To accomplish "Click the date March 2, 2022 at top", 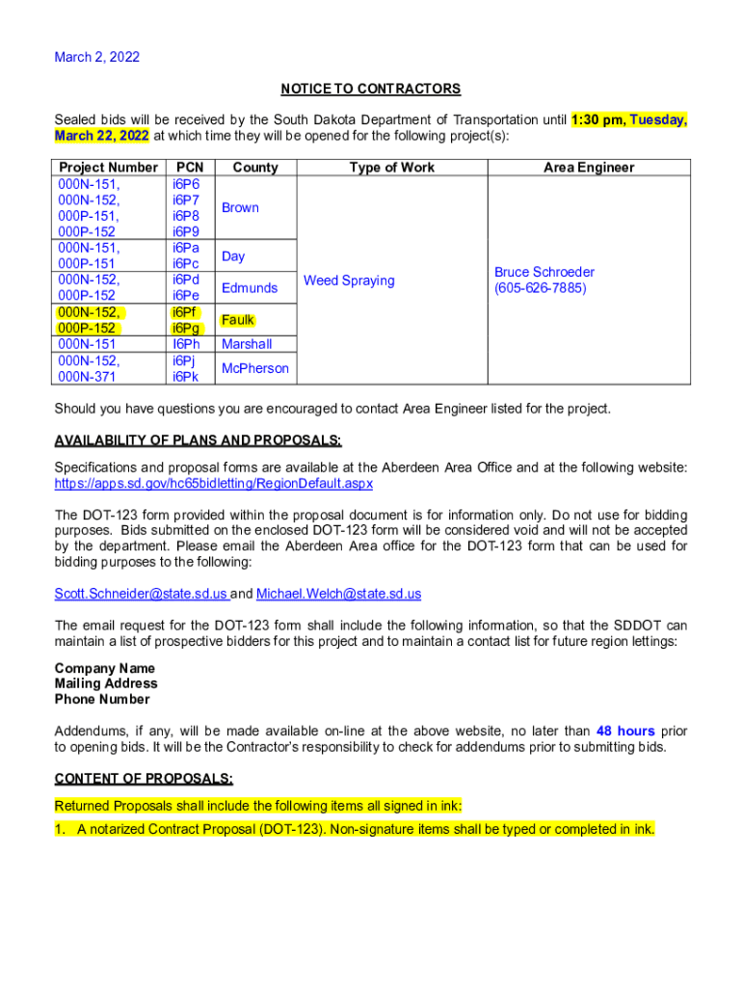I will coord(97,57).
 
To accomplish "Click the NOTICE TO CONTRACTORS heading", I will coord(371,89).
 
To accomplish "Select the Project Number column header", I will coord(108,168).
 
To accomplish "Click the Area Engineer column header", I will coord(589,168).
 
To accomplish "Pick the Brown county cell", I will coord(240,207).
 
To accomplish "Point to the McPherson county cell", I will coord(254,368).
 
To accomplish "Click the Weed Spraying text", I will coord(349,280).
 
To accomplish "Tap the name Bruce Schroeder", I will coord(544,272).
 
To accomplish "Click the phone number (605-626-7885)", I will coord(540,288).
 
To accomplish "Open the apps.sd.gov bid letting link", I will coord(213,483).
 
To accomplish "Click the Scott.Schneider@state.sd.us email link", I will coord(141,594).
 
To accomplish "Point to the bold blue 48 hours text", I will coord(625,732).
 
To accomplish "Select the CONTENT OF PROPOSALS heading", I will coord(144,779).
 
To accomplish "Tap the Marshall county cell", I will coord(247,344).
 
